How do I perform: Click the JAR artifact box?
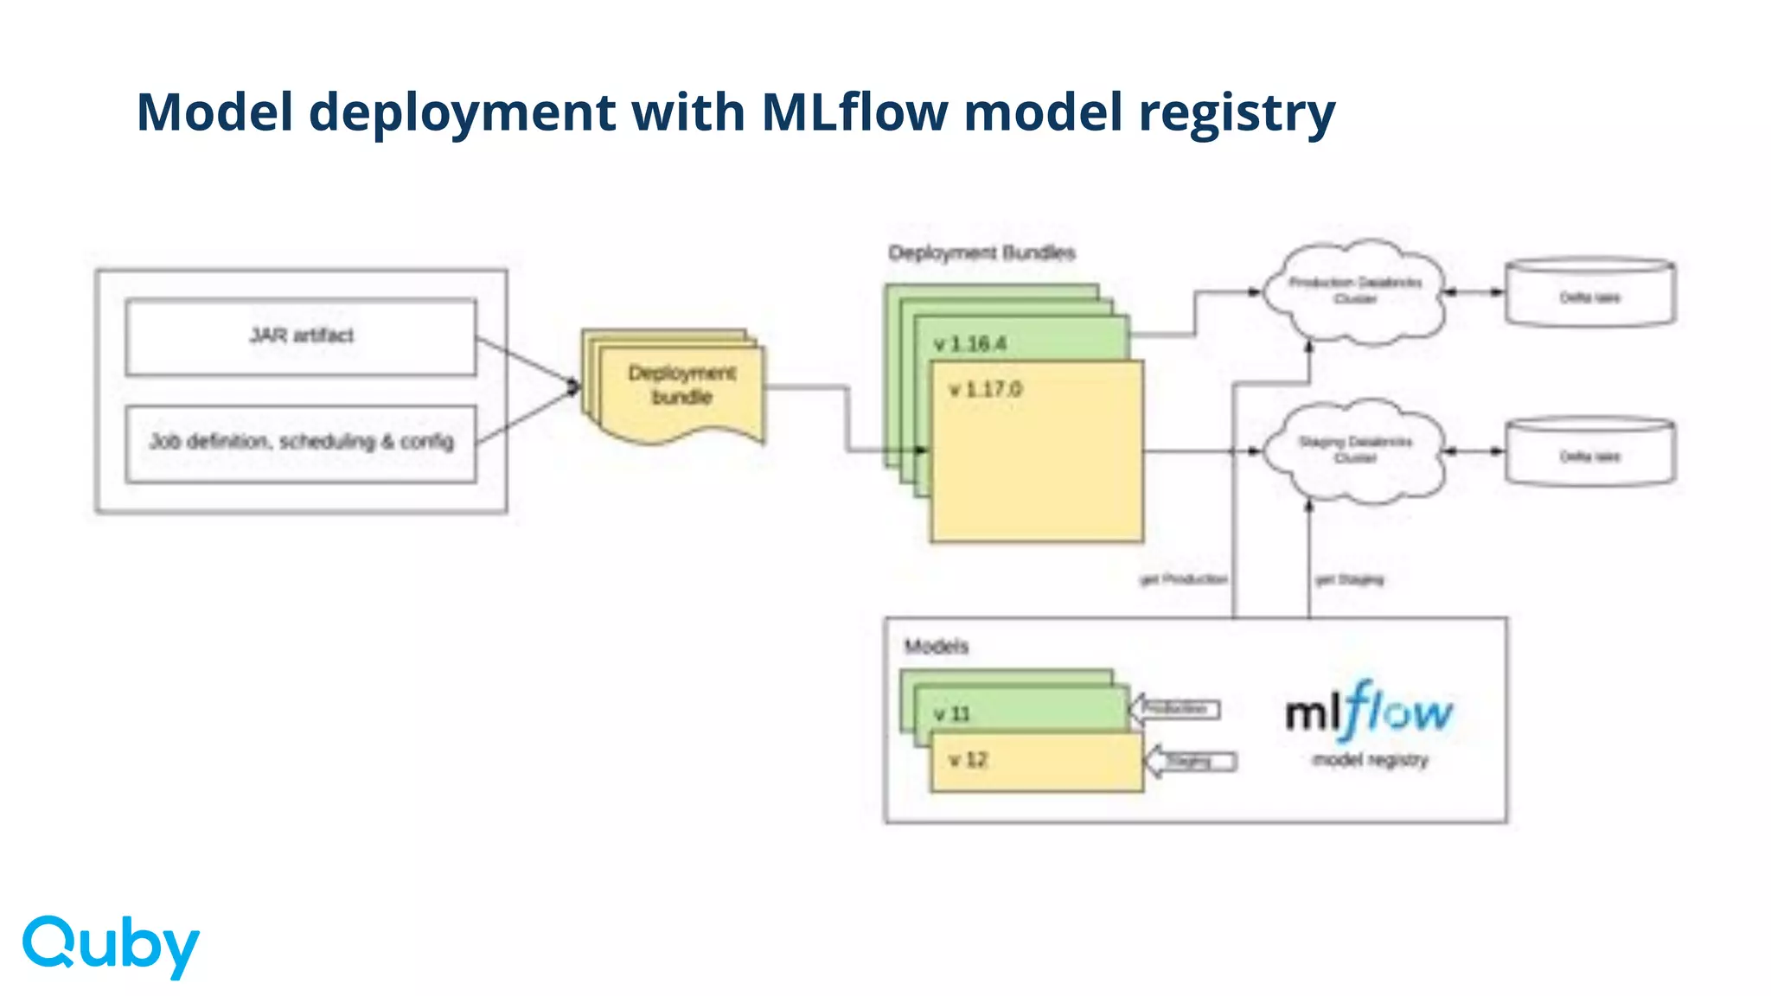point(301,336)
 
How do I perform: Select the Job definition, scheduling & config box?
point(301,443)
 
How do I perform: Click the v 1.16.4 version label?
point(970,344)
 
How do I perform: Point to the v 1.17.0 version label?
point(986,390)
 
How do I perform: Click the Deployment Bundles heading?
point(981,252)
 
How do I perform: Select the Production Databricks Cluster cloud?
point(1354,291)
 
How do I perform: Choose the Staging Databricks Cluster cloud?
point(1354,450)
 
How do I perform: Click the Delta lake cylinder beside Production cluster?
point(1589,294)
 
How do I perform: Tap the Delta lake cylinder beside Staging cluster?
point(1589,453)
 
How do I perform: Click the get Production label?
point(1183,579)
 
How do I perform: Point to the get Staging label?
point(1349,579)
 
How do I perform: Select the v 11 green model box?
point(1020,711)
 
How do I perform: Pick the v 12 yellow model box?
point(1036,762)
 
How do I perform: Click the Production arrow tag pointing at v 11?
point(1175,709)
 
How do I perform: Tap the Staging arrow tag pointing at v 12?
point(1191,762)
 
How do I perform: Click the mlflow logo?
point(1370,713)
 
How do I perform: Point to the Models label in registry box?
point(936,646)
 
